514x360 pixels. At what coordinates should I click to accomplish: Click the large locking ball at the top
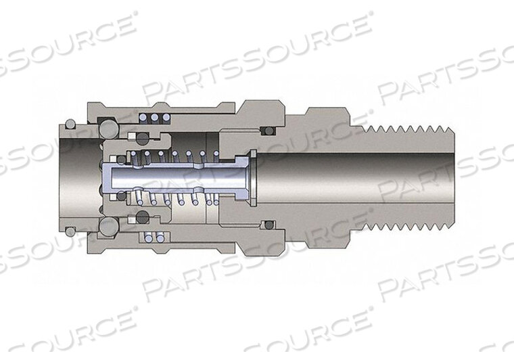coord(106,128)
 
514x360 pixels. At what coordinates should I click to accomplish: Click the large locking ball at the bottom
coord(106,226)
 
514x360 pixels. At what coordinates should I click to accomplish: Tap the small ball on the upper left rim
coord(70,125)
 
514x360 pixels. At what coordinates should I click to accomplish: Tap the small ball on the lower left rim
coord(70,231)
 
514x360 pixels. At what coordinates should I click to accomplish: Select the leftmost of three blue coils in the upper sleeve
coord(143,117)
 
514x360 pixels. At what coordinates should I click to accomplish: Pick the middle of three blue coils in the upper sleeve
coord(154,117)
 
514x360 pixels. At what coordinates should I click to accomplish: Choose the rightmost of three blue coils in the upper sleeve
coord(163,117)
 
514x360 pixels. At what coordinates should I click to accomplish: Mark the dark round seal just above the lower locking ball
coord(142,217)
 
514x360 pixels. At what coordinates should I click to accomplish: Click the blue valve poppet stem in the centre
coord(176,177)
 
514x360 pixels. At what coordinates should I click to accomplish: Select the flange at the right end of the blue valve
coord(252,177)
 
